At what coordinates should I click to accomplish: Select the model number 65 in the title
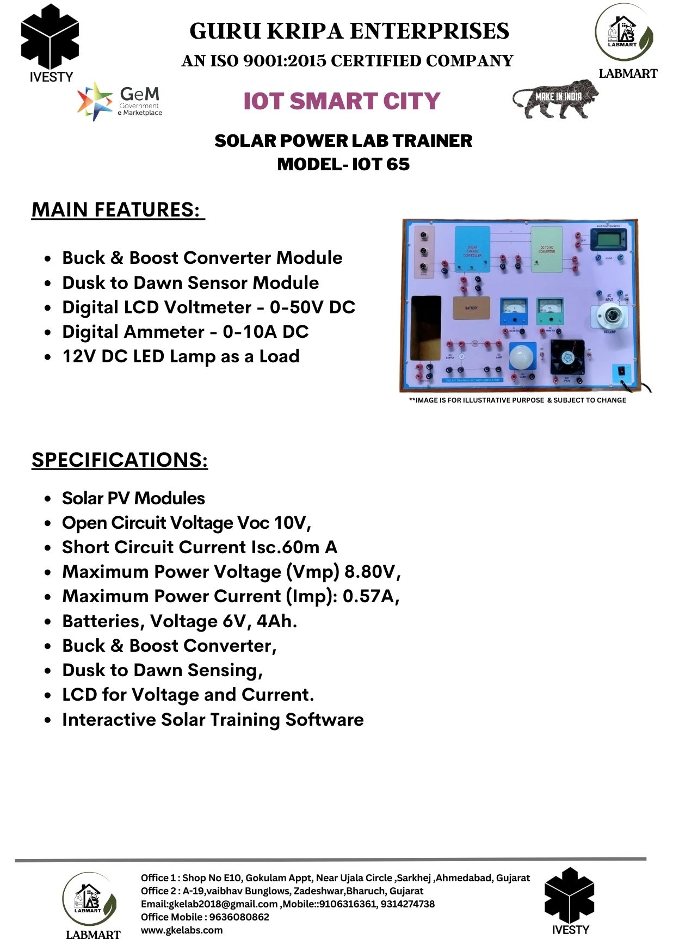click(x=399, y=164)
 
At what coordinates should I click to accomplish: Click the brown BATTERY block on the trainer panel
click(x=471, y=308)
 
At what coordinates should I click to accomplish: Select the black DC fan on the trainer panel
click(x=567, y=357)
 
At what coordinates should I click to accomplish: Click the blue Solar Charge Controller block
click(x=472, y=249)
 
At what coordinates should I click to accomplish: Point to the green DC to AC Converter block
click(x=546, y=249)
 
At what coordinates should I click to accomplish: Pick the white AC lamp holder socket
click(x=609, y=316)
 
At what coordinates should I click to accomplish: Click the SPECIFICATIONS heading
click(x=120, y=460)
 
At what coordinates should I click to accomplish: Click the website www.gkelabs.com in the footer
click(x=182, y=930)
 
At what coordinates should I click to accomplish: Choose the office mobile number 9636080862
click(x=239, y=917)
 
